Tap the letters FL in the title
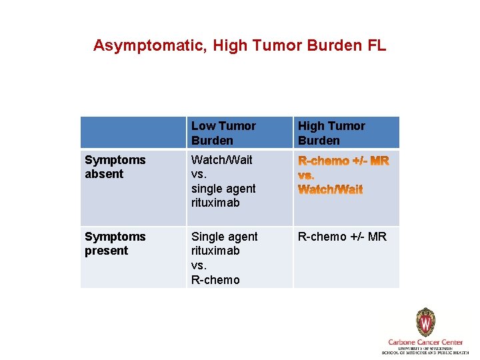click(x=376, y=45)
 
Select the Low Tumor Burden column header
click(x=223, y=133)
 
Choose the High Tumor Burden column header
click(x=331, y=133)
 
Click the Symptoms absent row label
click(x=115, y=167)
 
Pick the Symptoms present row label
click(x=115, y=243)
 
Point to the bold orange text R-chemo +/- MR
click(x=343, y=161)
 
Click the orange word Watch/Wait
click(x=331, y=189)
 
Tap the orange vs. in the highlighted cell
click(x=307, y=175)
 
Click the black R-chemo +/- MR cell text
click(x=342, y=237)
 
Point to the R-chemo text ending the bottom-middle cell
click(x=215, y=279)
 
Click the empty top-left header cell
click(x=133, y=133)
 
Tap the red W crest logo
click(x=425, y=323)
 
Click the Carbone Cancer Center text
click(x=425, y=342)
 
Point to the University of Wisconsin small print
click(x=425, y=349)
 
